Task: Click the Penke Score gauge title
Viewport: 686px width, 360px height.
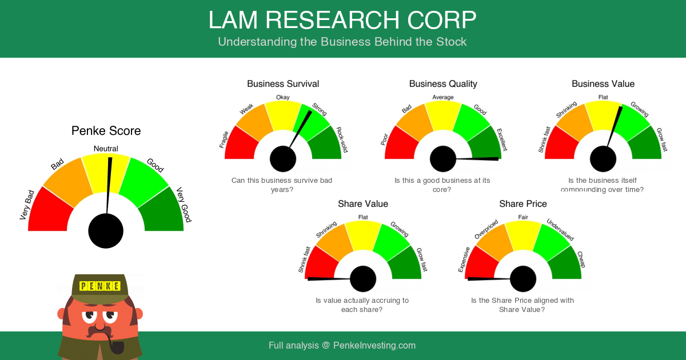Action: click(106, 131)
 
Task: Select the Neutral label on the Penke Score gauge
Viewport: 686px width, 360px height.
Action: click(106, 149)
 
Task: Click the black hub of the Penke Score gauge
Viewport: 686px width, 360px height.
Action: click(106, 231)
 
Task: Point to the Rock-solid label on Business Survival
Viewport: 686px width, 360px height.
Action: click(342, 140)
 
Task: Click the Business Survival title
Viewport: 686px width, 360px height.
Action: click(283, 84)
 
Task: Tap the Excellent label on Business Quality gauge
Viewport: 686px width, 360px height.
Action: click(501, 139)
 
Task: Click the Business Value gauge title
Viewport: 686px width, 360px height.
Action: click(603, 84)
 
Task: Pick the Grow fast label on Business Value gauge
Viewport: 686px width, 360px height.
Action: click(661, 139)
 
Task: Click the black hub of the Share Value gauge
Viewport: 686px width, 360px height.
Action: click(363, 279)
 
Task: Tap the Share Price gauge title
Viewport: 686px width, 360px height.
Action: click(523, 204)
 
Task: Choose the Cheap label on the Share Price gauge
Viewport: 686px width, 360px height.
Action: click(581, 259)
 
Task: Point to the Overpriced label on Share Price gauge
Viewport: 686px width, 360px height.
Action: click(486, 229)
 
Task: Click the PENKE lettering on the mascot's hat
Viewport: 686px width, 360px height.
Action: click(100, 286)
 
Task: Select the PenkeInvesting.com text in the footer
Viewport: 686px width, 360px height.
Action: click(374, 346)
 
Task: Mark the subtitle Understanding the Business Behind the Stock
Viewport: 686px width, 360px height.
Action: click(342, 42)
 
